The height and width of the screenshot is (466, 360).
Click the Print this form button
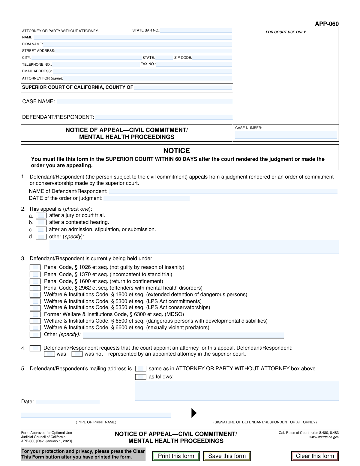coord(176,456)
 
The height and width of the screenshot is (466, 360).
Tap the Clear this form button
coord(315,456)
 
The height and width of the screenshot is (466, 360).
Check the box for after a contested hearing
coord(41,222)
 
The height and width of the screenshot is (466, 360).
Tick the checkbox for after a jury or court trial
coord(41,215)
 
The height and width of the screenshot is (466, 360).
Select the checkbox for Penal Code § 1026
coord(35,267)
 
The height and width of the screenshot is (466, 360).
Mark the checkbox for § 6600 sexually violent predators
coord(35,328)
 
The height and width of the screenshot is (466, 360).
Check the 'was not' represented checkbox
coord(77,354)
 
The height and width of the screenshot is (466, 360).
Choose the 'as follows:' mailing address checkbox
coord(141,377)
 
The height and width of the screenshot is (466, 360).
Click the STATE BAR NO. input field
coord(196,31)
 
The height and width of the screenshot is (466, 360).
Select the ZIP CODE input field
coord(212,58)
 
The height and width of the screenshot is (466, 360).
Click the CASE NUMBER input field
coord(286,135)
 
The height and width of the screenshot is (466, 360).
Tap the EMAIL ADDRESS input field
coord(142,71)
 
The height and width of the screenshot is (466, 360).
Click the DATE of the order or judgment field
coord(146,198)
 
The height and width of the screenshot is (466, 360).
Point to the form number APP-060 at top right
coord(327,24)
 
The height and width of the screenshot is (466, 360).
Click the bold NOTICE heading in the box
coord(176,151)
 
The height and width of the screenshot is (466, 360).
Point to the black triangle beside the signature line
coord(194,413)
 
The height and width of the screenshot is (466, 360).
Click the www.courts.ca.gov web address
coord(324,437)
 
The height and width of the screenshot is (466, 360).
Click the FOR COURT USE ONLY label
coord(286,32)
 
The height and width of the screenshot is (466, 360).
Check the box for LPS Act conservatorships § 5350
coord(35,308)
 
